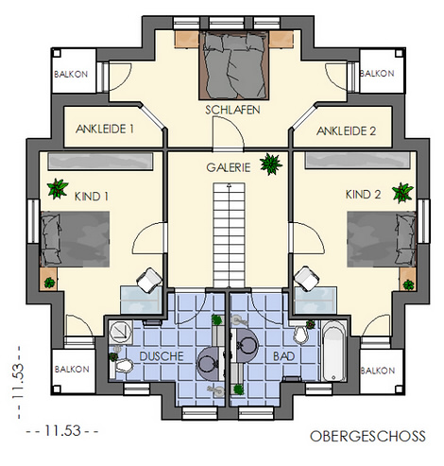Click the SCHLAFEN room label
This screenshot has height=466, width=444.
point(232,110)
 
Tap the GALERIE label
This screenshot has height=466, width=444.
point(229,167)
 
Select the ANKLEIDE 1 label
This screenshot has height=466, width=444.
point(105,129)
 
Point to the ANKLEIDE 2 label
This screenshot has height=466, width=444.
point(346,131)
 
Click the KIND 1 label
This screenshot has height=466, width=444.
point(92,197)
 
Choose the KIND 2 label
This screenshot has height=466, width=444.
point(363,195)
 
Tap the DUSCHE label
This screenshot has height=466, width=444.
point(162,356)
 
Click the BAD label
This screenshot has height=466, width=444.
point(283,356)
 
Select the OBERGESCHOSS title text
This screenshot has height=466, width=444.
point(367,437)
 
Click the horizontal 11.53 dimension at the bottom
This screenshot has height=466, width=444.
point(62,431)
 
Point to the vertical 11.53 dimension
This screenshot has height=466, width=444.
point(18,382)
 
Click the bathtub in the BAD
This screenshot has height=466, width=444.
point(334,351)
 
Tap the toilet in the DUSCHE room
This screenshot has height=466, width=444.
point(121,367)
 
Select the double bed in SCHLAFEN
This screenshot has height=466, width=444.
point(234,65)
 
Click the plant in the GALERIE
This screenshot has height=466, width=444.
point(271,164)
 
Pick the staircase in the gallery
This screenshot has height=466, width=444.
point(230,235)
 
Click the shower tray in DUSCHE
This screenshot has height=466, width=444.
point(121,332)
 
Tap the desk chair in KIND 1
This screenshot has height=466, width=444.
point(148,279)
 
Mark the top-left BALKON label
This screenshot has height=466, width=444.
point(71,75)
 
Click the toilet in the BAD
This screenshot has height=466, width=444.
point(300,334)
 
